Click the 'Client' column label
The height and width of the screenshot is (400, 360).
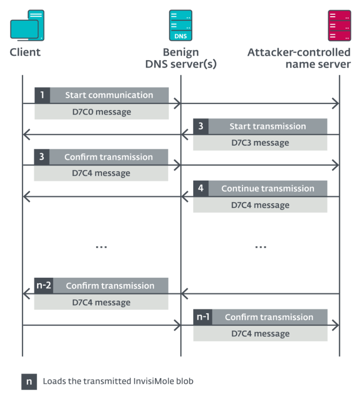pyautogui.click(x=25, y=52)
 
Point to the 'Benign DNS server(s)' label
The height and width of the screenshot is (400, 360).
pyautogui.click(x=181, y=58)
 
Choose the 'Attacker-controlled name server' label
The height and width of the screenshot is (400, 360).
pyautogui.click(x=299, y=58)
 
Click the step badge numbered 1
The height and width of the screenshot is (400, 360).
pyautogui.click(x=42, y=95)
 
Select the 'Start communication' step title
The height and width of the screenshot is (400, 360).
pyautogui.click(x=109, y=95)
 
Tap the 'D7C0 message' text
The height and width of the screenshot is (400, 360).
pyautogui.click(x=101, y=112)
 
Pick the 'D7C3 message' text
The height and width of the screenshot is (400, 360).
pyautogui.click(x=260, y=143)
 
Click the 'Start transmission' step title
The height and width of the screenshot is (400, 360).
pyautogui.click(x=268, y=126)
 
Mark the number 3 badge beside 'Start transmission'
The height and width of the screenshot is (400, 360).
pyautogui.click(x=201, y=126)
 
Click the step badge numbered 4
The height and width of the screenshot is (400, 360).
pyautogui.click(x=201, y=189)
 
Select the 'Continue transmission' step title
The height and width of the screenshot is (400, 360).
pyautogui.click(x=268, y=189)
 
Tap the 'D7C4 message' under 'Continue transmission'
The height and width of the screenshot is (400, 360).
pyautogui.click(x=260, y=205)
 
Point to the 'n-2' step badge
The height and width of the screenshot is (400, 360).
pyautogui.click(x=43, y=286)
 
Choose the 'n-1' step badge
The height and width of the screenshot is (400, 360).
pyautogui.click(x=202, y=317)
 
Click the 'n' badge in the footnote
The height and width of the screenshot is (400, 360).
pyautogui.click(x=29, y=381)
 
